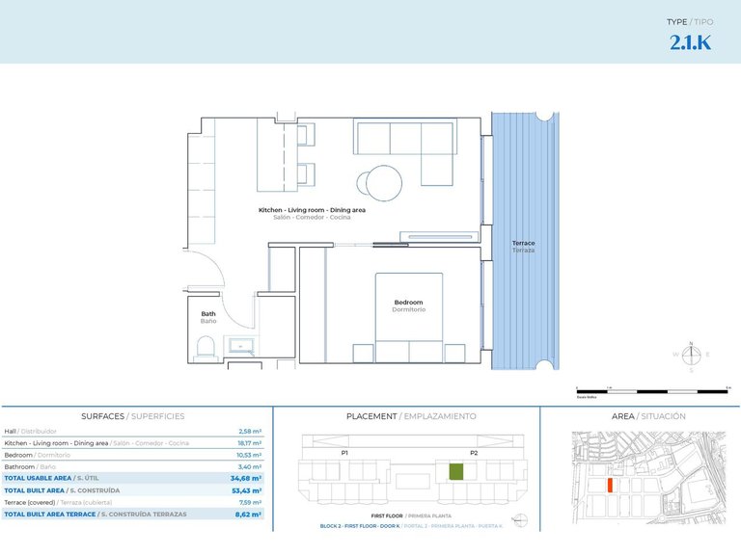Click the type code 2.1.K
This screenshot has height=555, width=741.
point(690,42)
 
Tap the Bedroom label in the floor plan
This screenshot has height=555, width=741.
point(408,303)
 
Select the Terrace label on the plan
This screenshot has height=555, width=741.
point(523,243)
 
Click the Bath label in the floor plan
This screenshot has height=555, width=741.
point(208,314)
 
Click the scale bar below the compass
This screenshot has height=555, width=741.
point(651,391)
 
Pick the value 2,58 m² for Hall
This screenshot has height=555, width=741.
point(250,432)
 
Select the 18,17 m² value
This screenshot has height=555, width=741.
point(250,443)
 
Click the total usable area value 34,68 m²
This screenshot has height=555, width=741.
point(248,478)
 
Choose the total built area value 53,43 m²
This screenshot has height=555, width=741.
point(248,490)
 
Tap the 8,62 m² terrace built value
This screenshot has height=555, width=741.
point(249,515)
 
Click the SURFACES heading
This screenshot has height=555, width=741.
point(102,416)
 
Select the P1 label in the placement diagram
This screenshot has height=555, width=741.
point(343,452)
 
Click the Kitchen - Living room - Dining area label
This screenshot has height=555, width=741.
point(312,210)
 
